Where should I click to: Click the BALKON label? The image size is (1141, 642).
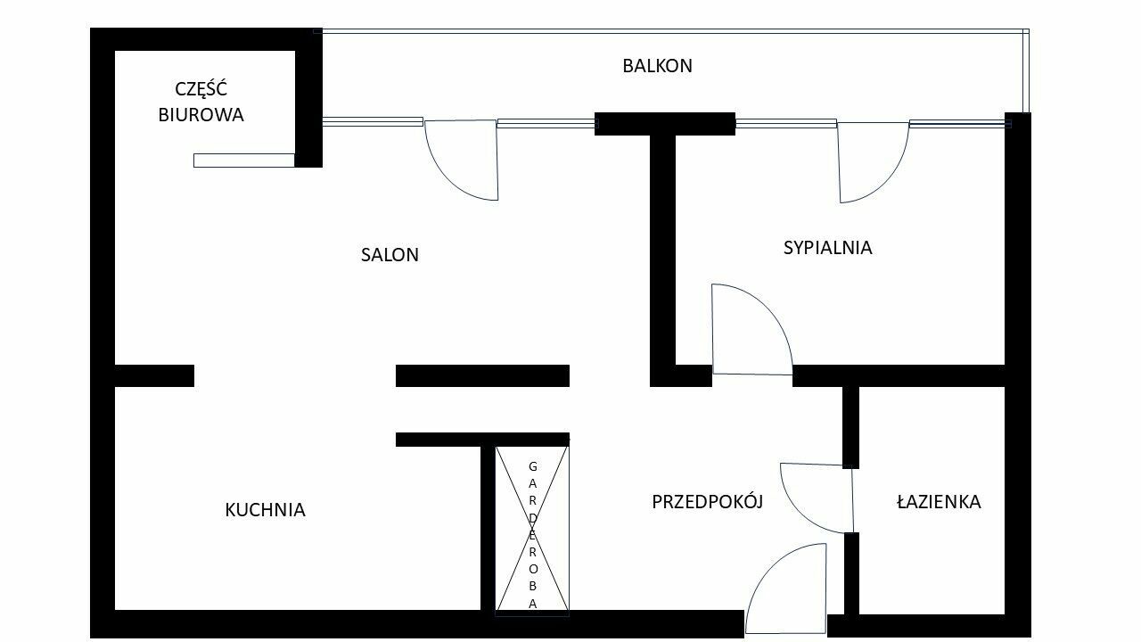coord(657,66)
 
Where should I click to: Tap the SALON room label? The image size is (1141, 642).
coord(390,255)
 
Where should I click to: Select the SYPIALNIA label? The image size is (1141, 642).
coord(827,248)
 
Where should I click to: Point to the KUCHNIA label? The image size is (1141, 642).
coord(265,510)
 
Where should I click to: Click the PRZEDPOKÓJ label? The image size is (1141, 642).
coord(708,502)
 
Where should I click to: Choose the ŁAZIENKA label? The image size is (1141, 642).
coord(938,502)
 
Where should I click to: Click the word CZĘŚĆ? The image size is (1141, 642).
coord(201,89)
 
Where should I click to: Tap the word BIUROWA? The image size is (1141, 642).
coord(201,115)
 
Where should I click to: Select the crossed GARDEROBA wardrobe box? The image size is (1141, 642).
coord(532,531)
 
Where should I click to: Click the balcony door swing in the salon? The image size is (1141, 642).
coord(464,160)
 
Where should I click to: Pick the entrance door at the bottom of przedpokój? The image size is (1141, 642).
coord(784,588)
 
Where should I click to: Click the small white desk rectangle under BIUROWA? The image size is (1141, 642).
coord(243,160)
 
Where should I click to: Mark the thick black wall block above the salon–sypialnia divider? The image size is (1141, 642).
coord(664,124)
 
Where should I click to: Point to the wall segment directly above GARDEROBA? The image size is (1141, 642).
coord(482,439)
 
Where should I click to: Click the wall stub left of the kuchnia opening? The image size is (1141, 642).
coord(153,375)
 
